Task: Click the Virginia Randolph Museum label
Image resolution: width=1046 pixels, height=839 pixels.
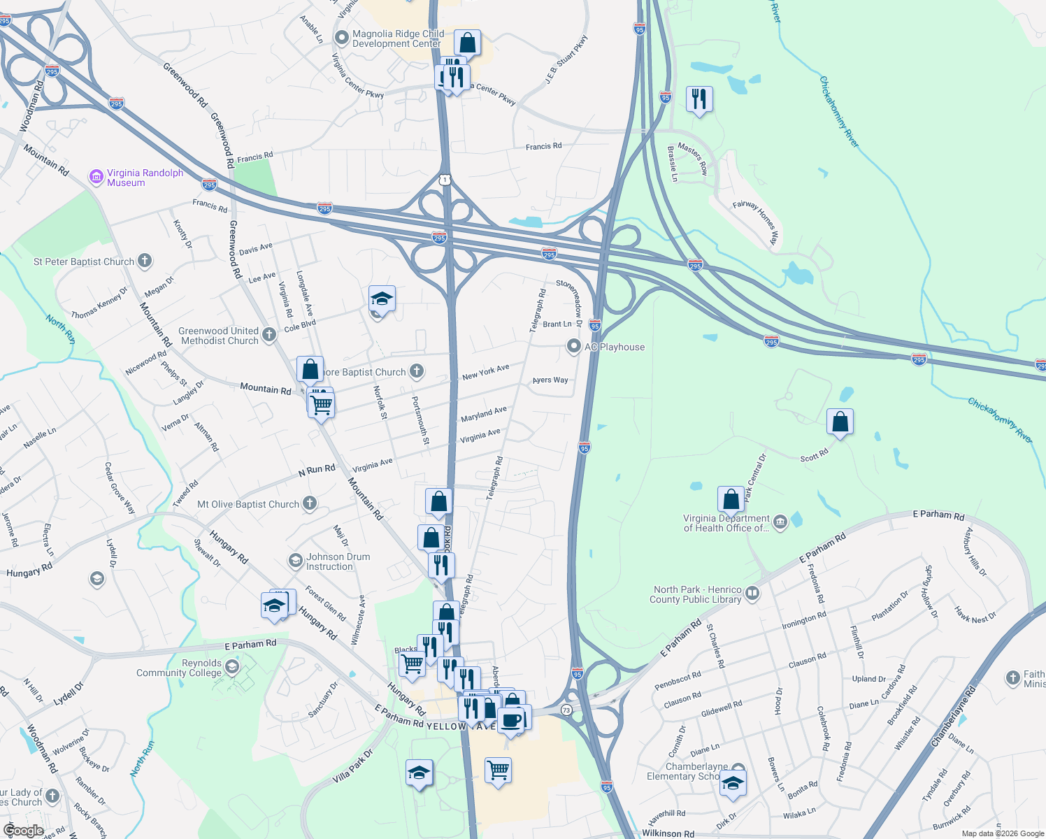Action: click(145, 178)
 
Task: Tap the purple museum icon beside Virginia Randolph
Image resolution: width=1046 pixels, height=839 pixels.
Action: click(96, 178)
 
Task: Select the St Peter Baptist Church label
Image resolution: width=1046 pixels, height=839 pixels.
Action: click(84, 261)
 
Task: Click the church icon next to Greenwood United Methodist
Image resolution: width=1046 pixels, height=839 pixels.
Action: click(269, 336)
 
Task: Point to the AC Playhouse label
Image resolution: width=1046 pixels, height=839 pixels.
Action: click(615, 347)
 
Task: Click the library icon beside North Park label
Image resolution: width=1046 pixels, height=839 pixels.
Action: click(752, 594)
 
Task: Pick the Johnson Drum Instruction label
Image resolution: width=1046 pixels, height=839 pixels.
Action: click(338, 561)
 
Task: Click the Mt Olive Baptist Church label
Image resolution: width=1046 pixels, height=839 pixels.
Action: click(248, 504)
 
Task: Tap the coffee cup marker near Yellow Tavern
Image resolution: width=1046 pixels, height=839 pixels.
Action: click(511, 720)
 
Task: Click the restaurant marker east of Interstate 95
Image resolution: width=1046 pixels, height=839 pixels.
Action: click(699, 99)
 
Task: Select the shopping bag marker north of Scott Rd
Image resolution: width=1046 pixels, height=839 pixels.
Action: click(840, 422)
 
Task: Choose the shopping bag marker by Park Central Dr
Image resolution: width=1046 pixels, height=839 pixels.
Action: click(731, 499)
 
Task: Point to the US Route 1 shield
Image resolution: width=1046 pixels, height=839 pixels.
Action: click(445, 180)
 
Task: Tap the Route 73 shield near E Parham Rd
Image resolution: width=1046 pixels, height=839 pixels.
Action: click(566, 710)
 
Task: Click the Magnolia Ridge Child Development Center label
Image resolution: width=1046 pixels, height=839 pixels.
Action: click(398, 38)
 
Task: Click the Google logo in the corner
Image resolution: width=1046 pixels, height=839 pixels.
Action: click(23, 831)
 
